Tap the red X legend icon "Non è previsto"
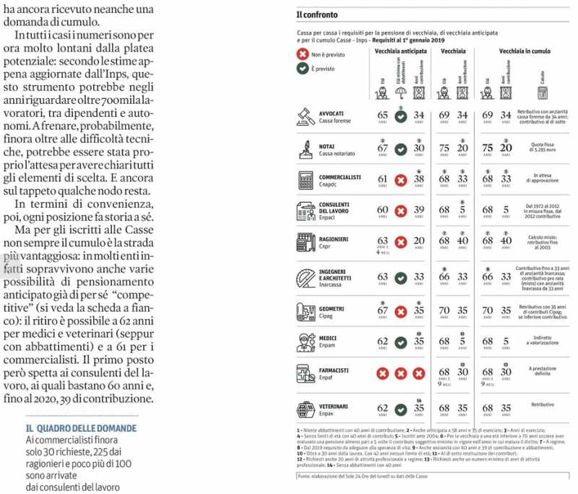click(x=303, y=54)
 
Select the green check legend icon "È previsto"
click(x=303, y=69)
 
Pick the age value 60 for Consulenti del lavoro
click(x=382, y=210)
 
